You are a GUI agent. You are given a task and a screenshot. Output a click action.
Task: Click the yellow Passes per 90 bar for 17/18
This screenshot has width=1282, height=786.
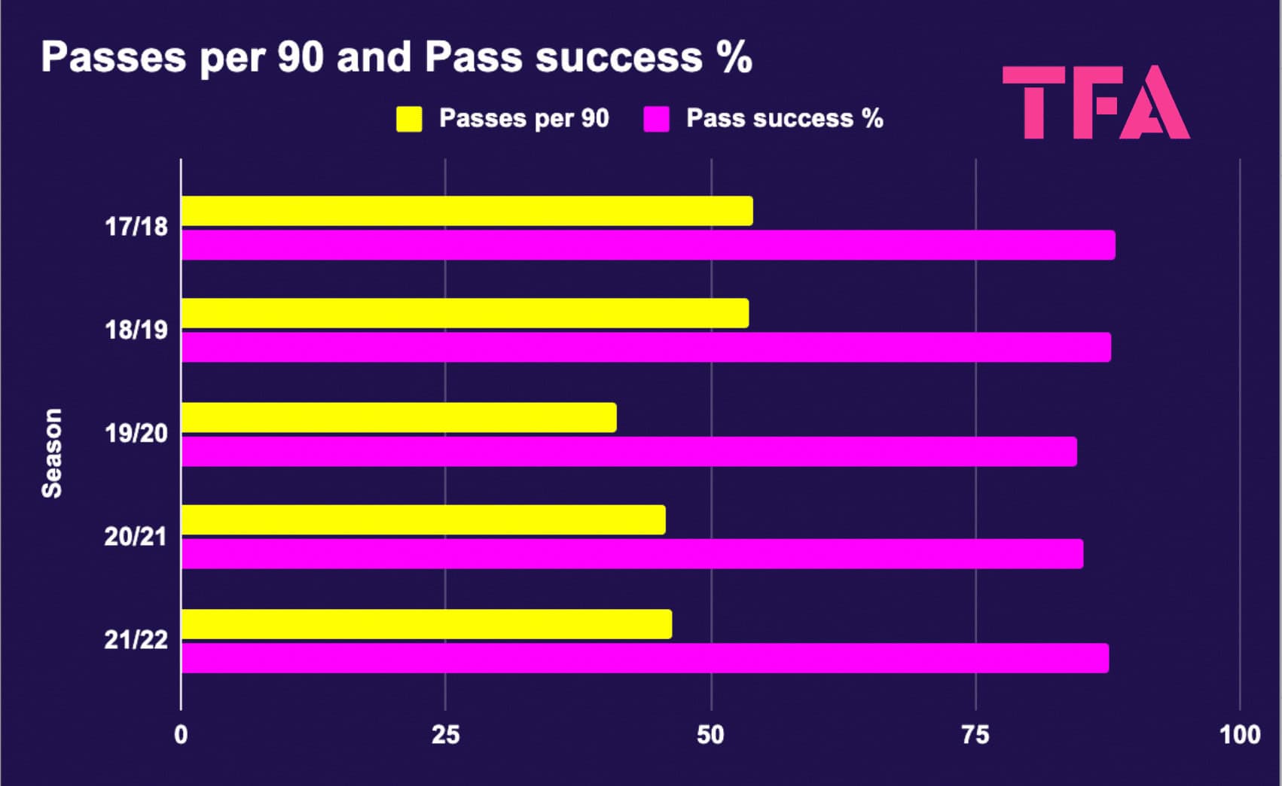[467, 211]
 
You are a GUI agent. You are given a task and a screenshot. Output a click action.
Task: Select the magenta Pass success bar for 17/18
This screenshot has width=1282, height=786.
[648, 245]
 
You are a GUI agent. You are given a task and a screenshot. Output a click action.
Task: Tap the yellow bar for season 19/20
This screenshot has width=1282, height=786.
[399, 418]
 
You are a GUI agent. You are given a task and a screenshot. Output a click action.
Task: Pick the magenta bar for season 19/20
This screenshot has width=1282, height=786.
[629, 452]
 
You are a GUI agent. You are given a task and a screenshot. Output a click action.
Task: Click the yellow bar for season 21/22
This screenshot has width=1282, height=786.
[426, 624]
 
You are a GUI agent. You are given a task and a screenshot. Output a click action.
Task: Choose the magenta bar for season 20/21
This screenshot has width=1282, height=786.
[633, 554]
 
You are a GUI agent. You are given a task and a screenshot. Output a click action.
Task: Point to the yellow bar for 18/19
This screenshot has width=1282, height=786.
[465, 313]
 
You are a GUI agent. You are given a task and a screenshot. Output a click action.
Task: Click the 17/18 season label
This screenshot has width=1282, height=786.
[136, 227]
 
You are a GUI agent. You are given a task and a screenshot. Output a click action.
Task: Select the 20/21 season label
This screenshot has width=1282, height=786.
[136, 537]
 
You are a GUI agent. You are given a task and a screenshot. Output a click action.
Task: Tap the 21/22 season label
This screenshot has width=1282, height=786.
[136, 640]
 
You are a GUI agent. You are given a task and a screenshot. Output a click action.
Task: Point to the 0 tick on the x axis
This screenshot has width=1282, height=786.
[181, 735]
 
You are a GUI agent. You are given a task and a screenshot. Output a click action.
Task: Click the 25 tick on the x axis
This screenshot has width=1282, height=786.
[445, 735]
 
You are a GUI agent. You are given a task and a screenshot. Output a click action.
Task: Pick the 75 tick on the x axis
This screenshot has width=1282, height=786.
[975, 735]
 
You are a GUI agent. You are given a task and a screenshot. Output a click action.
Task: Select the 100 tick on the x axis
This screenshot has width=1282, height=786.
[1240, 735]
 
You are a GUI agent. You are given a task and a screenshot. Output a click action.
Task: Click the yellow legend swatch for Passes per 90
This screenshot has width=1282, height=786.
[409, 119]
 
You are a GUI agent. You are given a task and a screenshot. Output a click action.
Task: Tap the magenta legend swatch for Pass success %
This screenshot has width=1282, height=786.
[657, 119]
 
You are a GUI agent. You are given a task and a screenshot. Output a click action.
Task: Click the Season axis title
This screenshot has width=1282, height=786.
[52, 453]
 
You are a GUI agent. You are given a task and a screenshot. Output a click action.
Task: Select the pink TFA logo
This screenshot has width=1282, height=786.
[1096, 102]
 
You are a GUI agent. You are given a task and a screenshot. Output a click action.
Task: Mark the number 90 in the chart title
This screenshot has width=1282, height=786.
[301, 57]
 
